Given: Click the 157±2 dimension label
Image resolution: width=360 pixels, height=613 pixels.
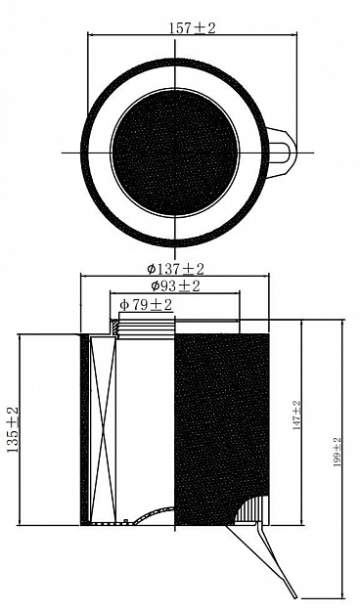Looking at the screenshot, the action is [x=192, y=27].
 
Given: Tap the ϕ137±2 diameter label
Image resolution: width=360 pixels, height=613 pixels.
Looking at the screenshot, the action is [x=176, y=269].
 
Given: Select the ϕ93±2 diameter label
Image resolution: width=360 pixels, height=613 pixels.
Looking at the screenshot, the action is [x=176, y=286].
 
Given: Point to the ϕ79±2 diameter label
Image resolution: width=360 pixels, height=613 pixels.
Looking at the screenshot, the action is [x=146, y=305].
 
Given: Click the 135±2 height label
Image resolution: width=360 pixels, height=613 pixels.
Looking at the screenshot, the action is [x=14, y=429].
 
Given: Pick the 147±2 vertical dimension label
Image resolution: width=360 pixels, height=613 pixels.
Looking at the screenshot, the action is [x=296, y=416].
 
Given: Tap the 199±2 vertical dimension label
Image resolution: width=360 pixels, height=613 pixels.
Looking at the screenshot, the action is [x=337, y=452].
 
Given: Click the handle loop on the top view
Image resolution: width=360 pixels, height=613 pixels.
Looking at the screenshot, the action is [x=283, y=153].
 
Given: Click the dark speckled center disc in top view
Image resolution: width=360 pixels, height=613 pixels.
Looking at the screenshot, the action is [x=175, y=153].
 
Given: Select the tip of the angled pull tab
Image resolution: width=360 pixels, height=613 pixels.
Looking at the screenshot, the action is [x=294, y=597].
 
